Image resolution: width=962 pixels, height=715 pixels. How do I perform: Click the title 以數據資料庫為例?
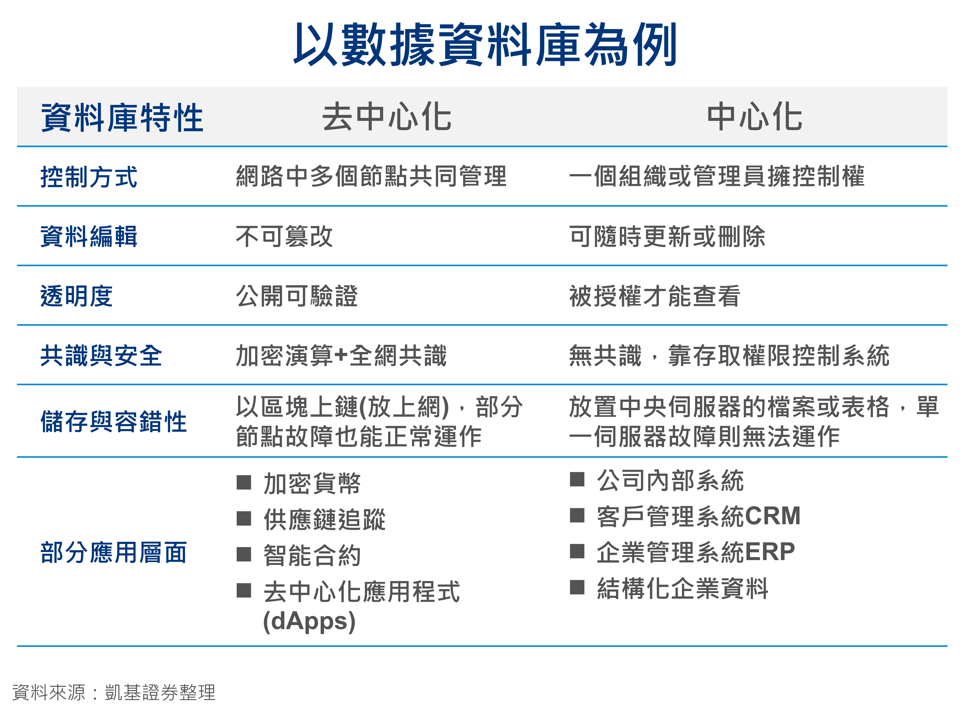pyautogui.click(x=485, y=45)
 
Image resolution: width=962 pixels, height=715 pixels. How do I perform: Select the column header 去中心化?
pyautogui.click(x=387, y=117)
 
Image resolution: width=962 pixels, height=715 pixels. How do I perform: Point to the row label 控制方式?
pyautogui.click(x=89, y=177)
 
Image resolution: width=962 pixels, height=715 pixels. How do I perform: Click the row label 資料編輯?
pyautogui.click(x=89, y=236)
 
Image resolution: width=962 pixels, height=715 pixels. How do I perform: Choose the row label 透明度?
pyautogui.click(x=77, y=296)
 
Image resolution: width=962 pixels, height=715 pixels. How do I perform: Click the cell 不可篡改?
pyautogui.click(x=284, y=236)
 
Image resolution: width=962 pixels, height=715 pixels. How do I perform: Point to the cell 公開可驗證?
pyautogui.click(x=297, y=296)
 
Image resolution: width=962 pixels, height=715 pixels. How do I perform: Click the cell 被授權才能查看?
pyautogui.click(x=654, y=296)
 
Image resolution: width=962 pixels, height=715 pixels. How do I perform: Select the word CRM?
pyautogui.click(x=773, y=515)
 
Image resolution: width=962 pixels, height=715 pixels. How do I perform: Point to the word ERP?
pyautogui.click(x=770, y=551)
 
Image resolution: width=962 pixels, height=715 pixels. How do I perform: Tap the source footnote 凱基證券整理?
pyautogui.click(x=160, y=692)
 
